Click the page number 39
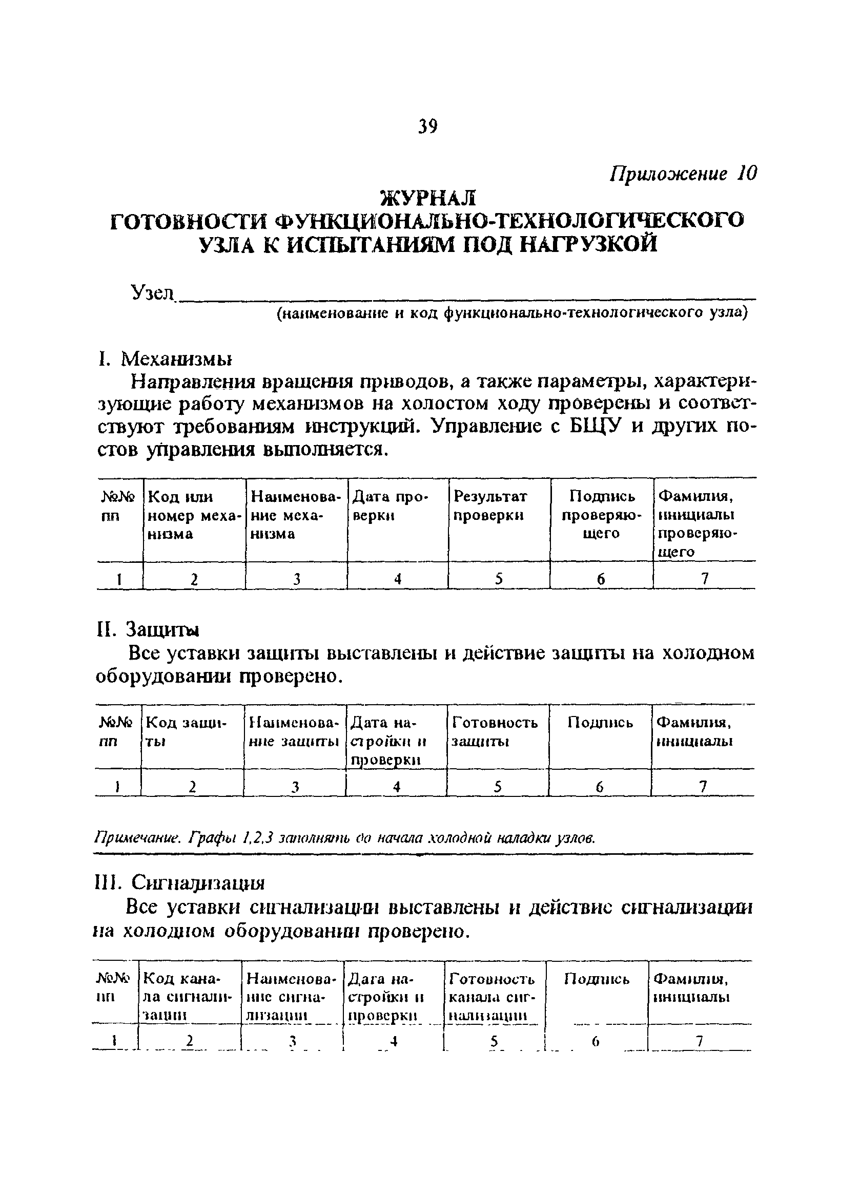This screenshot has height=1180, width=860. pos(427,127)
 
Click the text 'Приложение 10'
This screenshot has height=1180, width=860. pos(684,173)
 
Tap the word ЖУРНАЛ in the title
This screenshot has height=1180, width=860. pos(429,198)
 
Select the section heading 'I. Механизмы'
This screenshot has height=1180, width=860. pos(165,359)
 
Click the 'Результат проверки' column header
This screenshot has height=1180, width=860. pos(489,505)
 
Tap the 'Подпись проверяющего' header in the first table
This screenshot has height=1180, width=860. pos(601,515)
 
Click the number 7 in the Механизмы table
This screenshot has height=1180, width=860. pos(705,579)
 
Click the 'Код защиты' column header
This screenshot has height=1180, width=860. pos(185,731)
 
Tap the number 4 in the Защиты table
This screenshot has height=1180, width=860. pos(397,787)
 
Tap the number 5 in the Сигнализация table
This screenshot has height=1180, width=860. pos(494,1041)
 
